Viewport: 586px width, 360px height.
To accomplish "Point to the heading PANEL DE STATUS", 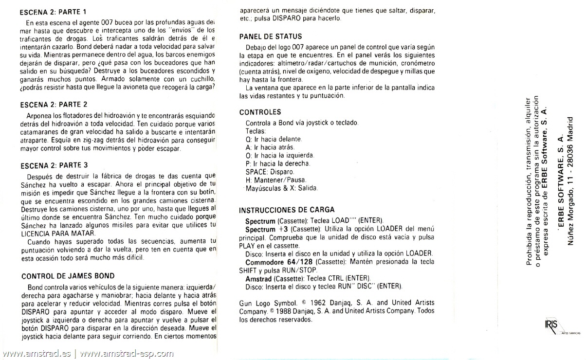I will pyautogui.click(x=271, y=36).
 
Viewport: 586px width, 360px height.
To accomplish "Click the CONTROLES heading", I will pyautogui.click(x=260, y=112).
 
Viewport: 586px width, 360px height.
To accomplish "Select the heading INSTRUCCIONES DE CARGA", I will pyautogui.click(x=287, y=210).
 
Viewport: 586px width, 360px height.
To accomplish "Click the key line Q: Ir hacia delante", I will pyautogui.click(x=274, y=139).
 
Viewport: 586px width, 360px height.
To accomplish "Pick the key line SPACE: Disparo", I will pyautogui.click(x=270, y=172).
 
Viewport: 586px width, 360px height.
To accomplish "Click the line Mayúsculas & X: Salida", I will pyautogui.click(x=282, y=188).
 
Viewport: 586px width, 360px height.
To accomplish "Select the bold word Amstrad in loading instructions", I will pyautogui.click(x=258, y=278).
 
